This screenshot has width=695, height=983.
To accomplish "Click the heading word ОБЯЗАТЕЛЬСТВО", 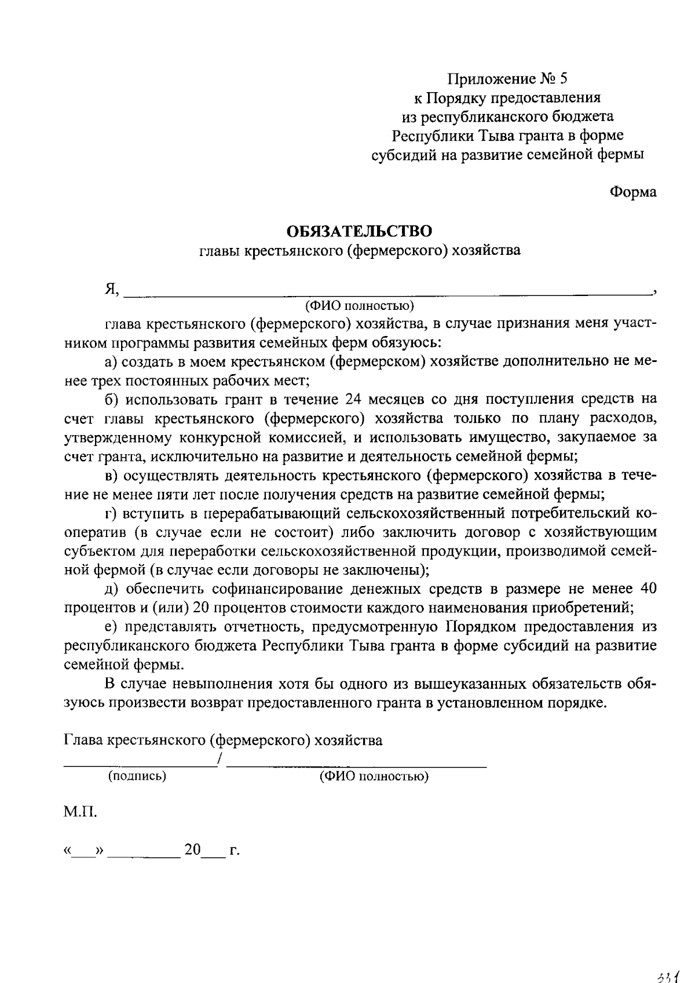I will (360, 231).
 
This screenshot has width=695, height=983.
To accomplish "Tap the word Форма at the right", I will (633, 192).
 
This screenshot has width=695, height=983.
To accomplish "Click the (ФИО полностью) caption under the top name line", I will (360, 305).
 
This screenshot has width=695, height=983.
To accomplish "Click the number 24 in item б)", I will (353, 399).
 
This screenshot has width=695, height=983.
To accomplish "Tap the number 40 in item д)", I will (647, 589).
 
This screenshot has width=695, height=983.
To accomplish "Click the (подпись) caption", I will (137, 776).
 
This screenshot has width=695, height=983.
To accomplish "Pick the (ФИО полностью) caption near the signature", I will (374, 776).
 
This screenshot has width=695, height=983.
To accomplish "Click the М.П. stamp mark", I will (80, 812).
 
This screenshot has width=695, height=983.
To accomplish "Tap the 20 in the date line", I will (192, 850).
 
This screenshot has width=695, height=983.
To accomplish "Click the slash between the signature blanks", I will (218, 759).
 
